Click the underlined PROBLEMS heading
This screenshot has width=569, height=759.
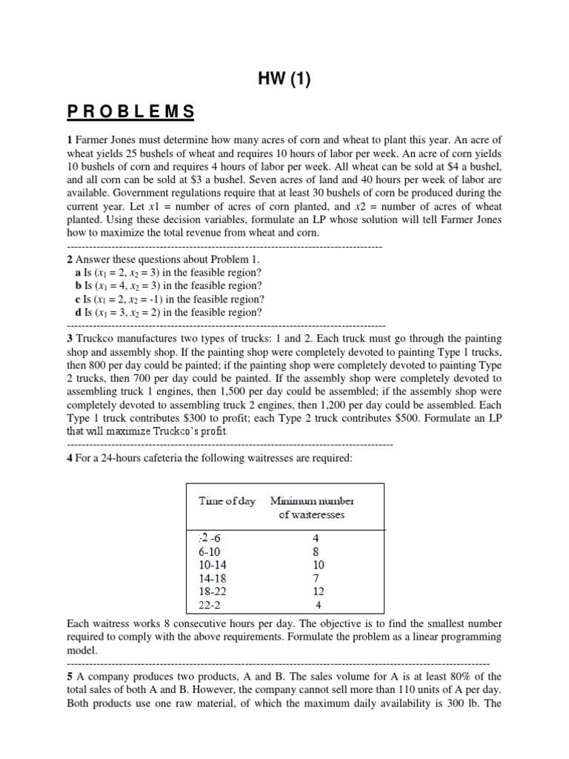point(131,112)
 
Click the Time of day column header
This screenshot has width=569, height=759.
point(227,501)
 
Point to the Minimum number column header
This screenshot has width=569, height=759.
point(312,501)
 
